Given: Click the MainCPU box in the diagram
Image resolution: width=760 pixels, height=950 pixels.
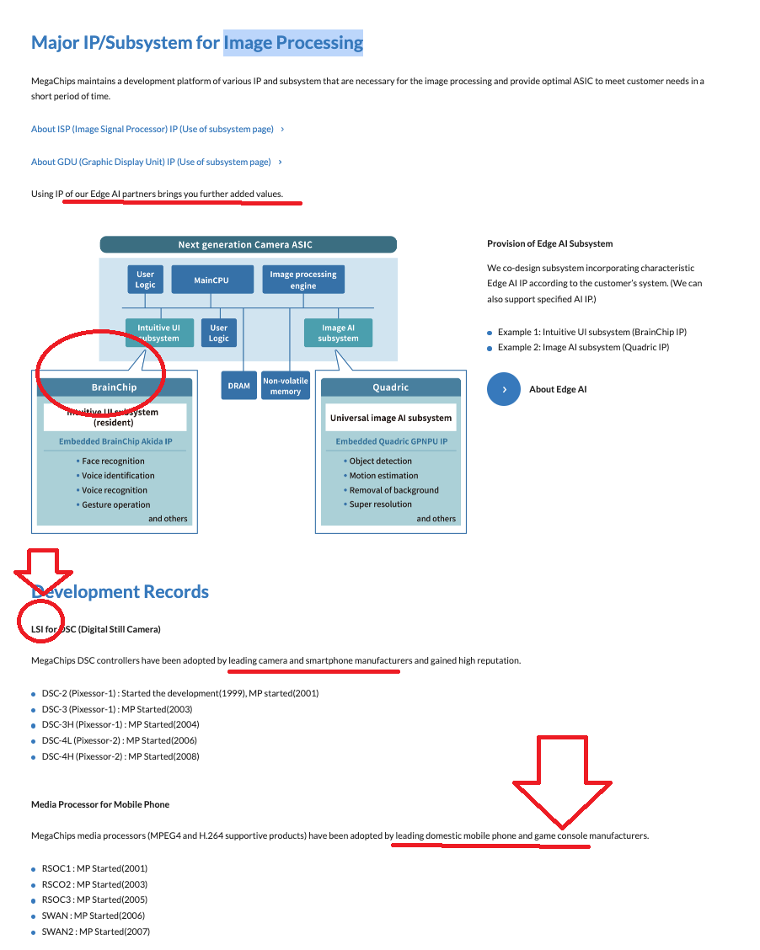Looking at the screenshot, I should coord(211,280).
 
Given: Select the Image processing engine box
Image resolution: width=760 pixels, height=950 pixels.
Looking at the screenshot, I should coord(302,280).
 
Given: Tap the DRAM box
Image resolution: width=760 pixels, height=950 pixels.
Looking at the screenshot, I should coord(238,386).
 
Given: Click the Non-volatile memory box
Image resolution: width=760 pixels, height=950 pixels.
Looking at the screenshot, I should coord(286,386).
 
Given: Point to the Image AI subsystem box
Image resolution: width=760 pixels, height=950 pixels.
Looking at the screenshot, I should coord(338,333).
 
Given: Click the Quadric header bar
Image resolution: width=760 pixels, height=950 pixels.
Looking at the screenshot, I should coord(391,387).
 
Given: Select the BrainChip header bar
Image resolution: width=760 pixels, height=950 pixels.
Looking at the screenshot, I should coord(115,387).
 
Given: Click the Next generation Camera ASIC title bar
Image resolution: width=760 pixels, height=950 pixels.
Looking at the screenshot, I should coord(248,244).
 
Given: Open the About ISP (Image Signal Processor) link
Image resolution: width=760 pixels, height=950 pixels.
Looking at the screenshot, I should coord(153,129).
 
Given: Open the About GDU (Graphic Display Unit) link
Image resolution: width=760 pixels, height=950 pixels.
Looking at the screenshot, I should coord(151,162).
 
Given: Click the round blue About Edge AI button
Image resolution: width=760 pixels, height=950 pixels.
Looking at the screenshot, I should coord(504,389).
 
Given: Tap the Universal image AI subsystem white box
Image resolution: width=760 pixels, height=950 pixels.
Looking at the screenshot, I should coord(391,418).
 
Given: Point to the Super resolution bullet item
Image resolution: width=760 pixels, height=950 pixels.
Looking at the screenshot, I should coord(381,504).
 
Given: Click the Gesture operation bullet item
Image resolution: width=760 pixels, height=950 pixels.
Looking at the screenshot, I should coord(115,504).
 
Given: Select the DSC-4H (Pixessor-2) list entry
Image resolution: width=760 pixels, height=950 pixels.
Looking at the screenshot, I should coord(120,756).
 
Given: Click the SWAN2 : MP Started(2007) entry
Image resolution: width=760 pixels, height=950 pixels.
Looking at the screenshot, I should coord(95,931).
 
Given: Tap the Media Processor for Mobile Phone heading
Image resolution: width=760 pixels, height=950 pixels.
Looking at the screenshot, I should coord(100,804).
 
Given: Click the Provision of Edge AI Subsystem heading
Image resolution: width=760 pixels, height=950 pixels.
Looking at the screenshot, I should coord(549,243).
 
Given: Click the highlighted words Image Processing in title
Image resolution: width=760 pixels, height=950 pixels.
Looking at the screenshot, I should coord(293,42).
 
